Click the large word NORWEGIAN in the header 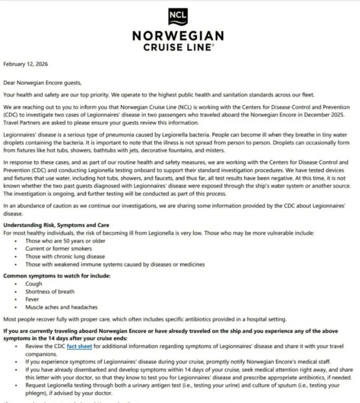click(178, 36)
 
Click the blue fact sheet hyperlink click(78, 347)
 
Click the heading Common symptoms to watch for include click(57, 276)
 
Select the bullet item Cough click(34, 284)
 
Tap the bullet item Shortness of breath click(50, 292)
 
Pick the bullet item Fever click(33, 299)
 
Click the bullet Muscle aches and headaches click(61, 307)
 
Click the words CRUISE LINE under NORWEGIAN click(177, 48)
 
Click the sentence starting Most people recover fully click(148, 319)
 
